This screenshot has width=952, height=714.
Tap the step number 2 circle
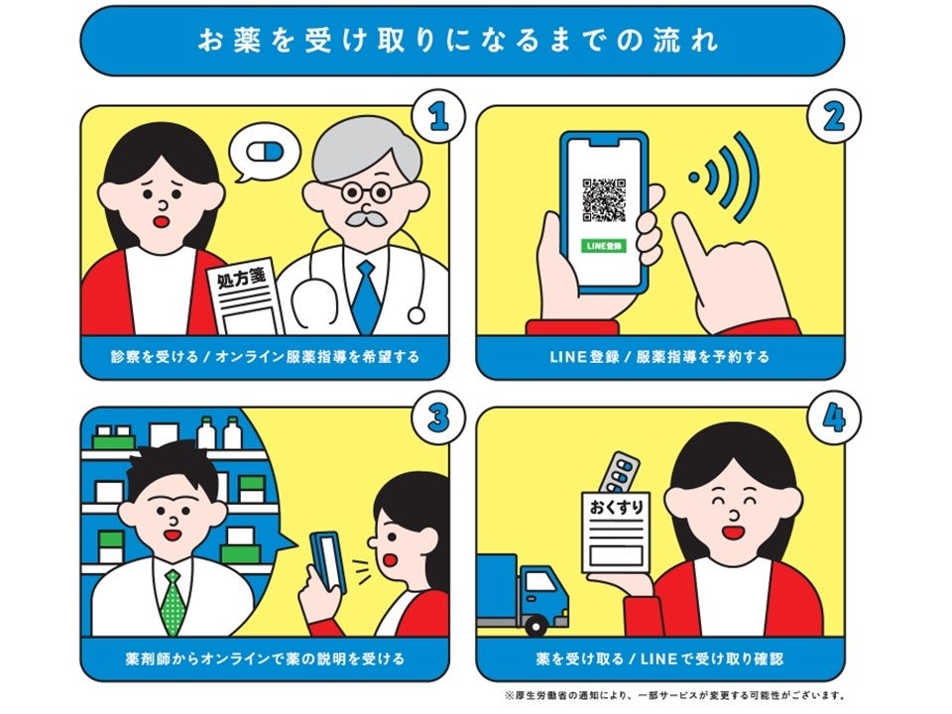click(834, 116)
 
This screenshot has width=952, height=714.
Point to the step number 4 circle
click(834, 418)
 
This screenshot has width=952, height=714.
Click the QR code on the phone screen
click(604, 199)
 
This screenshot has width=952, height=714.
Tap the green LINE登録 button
click(604, 246)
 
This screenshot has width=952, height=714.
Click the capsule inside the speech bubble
click(266, 152)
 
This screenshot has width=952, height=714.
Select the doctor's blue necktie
click(366, 297)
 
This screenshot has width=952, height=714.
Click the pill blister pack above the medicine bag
click(619, 471)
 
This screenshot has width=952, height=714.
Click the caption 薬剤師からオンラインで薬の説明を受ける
click(266, 658)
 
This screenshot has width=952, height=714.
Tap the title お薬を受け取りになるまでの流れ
click(459, 42)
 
